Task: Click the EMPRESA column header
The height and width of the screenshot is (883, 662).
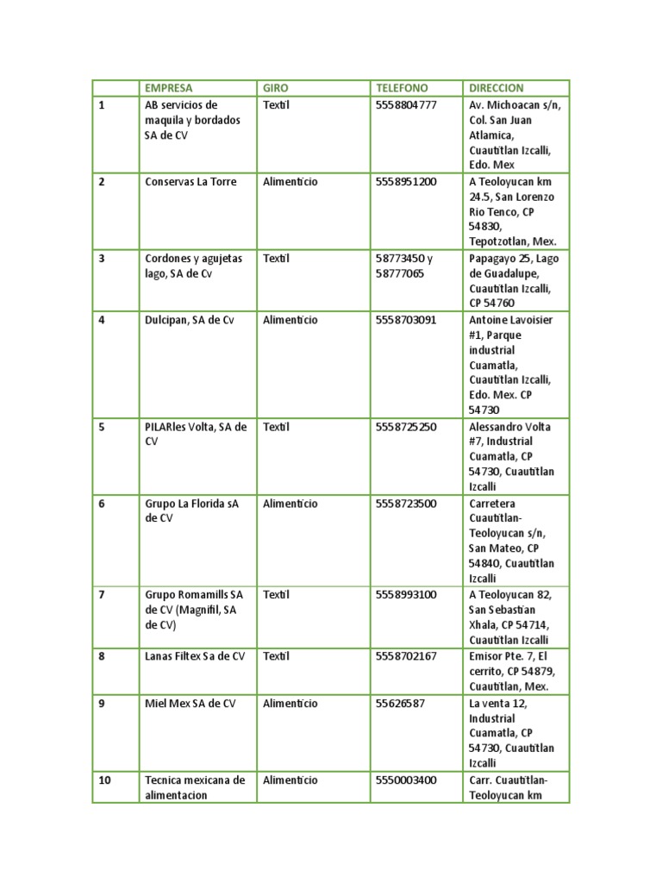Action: pos(169,88)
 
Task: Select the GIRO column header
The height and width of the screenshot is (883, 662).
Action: pos(276,88)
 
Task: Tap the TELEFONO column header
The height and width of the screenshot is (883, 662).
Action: pos(402,88)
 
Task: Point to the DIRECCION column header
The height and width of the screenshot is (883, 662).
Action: pos(496,88)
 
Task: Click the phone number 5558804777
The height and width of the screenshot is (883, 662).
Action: pos(406,105)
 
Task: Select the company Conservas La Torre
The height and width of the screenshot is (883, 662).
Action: pos(190,182)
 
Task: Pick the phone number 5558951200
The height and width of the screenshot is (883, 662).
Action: pos(406,182)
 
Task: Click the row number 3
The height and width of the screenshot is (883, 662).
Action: pos(102,258)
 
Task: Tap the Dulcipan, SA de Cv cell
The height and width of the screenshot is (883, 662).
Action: pos(190,320)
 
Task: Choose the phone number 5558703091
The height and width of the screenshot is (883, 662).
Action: pos(406,320)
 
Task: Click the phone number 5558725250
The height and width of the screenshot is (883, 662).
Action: pos(406,427)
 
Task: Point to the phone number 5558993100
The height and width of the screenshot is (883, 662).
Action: pos(406,594)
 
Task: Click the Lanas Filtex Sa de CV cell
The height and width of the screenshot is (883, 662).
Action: pos(195,656)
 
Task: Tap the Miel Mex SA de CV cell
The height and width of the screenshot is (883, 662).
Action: pos(190,704)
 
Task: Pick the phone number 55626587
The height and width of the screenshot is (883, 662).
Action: pos(400,704)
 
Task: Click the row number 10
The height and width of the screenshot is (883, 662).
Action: pos(104,780)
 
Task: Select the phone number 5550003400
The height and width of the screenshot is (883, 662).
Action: pos(406,780)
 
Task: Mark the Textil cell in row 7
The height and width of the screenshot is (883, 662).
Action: pos(276,594)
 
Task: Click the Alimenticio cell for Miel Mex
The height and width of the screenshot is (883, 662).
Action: pos(290,704)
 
